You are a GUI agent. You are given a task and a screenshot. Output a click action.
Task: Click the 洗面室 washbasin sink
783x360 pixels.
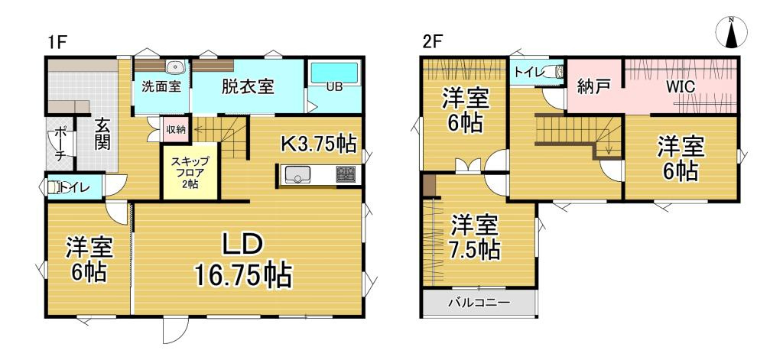pos(172,66)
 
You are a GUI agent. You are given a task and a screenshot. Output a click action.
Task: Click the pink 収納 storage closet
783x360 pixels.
pos(174,129)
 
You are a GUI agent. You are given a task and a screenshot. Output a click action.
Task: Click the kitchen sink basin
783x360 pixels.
pos(297,176)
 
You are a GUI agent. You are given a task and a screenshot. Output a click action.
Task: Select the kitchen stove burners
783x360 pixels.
pos(346,176)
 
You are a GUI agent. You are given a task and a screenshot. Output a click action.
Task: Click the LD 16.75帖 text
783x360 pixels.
pos(244,260)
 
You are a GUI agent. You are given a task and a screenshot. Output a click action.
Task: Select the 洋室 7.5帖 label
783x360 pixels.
pos(475,236)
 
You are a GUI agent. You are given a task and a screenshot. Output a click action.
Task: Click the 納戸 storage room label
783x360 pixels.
pos(593,86)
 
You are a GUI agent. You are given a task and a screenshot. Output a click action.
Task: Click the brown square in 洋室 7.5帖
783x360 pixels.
pos(429,186)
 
